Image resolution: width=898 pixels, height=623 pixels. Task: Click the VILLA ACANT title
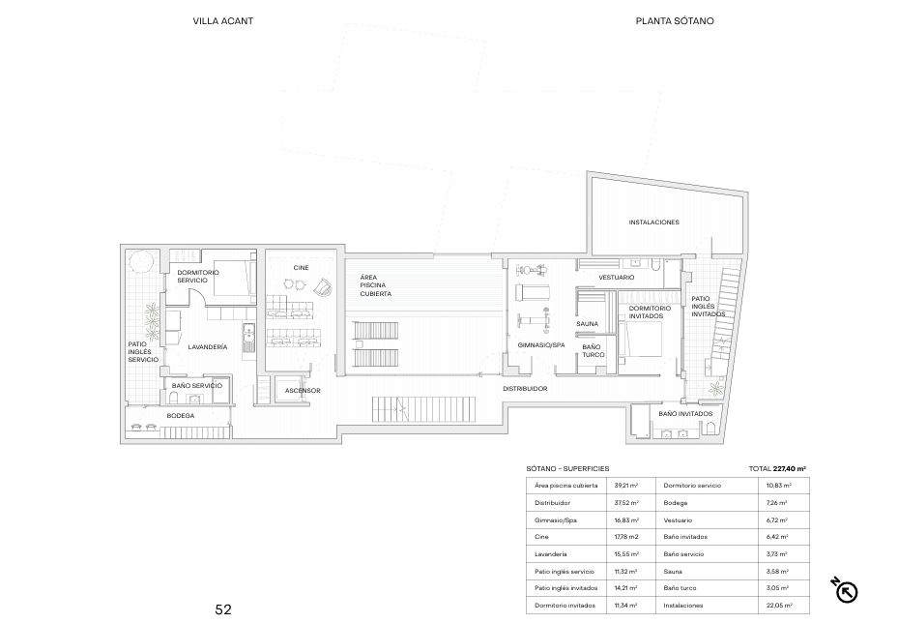point(222,21)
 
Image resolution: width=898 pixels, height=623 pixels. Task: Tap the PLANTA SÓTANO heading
point(675,21)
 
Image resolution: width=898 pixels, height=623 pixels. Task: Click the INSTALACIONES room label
point(654,222)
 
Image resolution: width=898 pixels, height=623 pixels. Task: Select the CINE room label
point(301,268)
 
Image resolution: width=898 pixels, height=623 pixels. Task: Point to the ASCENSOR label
point(303,391)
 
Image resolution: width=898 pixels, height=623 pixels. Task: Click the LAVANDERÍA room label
point(207,347)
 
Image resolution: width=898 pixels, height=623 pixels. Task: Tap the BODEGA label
point(181,416)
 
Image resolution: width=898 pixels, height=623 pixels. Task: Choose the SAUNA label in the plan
point(587,324)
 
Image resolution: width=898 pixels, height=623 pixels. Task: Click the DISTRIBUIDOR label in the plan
point(525,389)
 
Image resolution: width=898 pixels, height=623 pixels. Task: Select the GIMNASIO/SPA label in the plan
point(541,345)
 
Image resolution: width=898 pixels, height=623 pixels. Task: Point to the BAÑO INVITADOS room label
point(685,414)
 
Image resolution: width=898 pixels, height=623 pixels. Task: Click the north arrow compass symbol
point(845,590)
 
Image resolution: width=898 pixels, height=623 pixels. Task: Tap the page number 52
point(223,609)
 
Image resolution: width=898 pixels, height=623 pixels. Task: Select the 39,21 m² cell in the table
point(626,486)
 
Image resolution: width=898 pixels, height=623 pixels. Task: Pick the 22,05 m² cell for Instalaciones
point(779,606)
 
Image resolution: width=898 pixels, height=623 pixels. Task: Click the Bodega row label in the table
point(676,503)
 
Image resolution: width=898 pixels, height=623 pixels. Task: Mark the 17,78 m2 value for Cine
point(626,537)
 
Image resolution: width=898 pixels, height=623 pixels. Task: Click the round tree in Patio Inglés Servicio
point(141,262)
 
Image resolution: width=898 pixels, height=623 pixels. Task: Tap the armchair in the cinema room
point(323,287)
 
